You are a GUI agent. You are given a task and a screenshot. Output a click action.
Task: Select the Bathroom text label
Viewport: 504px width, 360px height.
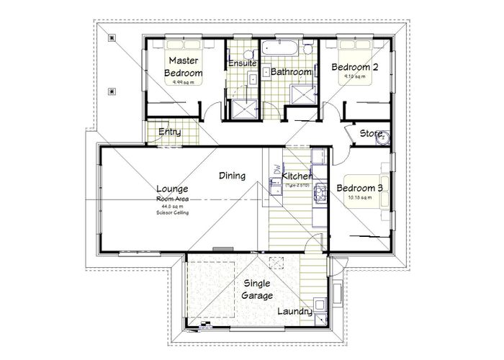click(x=290, y=72)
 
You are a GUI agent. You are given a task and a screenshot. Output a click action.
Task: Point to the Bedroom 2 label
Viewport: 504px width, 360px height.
click(x=354, y=67)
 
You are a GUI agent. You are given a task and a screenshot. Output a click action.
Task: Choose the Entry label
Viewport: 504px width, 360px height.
click(x=169, y=132)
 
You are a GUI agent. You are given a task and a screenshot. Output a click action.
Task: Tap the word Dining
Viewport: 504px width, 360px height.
click(x=233, y=176)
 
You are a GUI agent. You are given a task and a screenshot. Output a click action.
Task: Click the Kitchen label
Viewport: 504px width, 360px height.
click(x=296, y=176)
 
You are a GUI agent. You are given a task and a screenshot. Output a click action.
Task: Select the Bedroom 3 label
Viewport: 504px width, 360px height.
click(x=360, y=189)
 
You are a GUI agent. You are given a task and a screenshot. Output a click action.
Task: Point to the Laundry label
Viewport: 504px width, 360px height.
click(x=294, y=312)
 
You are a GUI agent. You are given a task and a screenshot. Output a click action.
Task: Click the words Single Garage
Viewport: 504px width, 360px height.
click(x=257, y=289)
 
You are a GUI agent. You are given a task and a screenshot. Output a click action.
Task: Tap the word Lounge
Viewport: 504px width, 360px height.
click(x=172, y=189)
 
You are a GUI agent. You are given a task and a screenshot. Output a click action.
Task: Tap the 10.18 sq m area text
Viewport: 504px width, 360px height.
click(x=359, y=198)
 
